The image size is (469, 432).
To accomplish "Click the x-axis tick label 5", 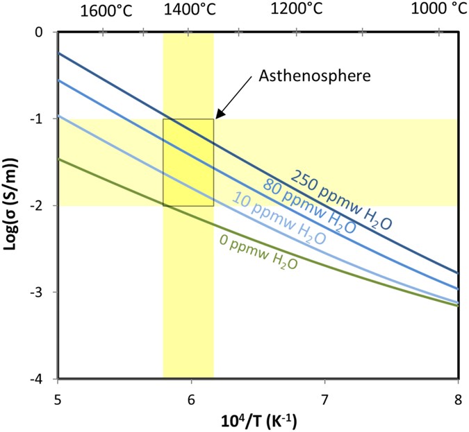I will click(58, 399).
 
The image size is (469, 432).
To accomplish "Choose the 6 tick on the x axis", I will click(191, 399).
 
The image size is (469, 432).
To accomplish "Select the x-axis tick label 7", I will click(324, 399).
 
